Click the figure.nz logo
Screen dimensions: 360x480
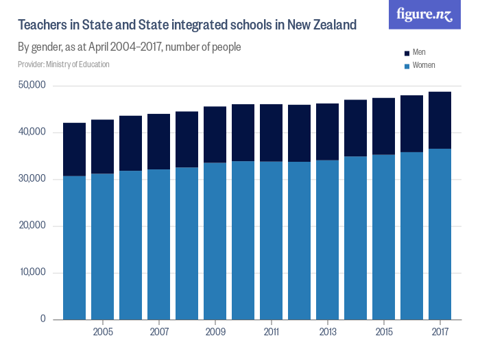424,15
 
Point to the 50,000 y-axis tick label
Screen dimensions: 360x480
32,86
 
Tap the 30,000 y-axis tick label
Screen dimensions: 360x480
32,179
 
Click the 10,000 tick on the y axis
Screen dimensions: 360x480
32,272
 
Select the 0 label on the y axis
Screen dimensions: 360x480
43,319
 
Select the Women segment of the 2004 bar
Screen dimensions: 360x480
74,248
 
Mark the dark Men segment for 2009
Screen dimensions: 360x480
215,134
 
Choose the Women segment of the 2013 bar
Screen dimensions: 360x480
327,239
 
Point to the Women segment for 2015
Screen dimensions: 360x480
383,237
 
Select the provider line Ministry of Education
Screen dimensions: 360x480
64,64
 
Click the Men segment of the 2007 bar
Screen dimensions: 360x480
158,141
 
